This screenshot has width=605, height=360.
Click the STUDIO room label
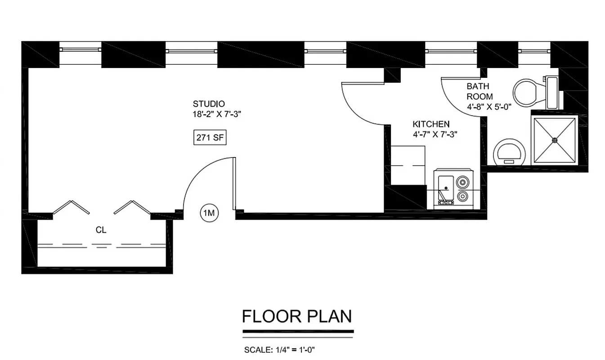[x=209, y=103]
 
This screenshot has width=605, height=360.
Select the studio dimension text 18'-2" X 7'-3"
[x=217, y=114]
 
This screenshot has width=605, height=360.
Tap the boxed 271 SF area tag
[x=210, y=138]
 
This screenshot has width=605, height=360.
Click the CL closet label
[x=101, y=230]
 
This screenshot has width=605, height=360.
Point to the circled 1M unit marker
[x=209, y=213]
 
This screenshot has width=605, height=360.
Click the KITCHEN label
[x=431, y=124]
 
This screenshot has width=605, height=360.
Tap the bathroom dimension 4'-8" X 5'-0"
[x=489, y=108]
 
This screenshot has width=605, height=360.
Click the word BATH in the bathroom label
[x=477, y=86]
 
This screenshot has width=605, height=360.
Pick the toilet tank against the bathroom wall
[x=552, y=92]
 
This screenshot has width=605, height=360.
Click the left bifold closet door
[x=71, y=207]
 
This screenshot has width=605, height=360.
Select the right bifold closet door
[x=131, y=207]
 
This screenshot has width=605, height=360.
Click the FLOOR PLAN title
[x=297, y=316]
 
